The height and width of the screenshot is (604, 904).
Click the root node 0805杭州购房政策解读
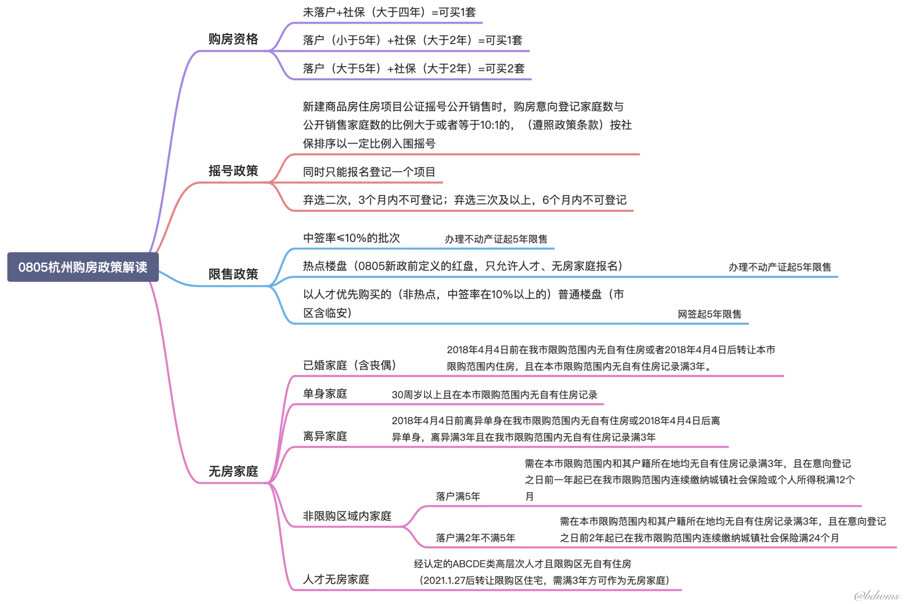(x=83, y=267)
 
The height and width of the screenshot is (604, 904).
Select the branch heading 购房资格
(x=233, y=39)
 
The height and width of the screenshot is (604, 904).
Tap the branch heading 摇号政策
(x=233, y=171)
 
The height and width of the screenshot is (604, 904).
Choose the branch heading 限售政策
(x=233, y=274)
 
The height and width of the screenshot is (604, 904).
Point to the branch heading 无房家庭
(x=233, y=471)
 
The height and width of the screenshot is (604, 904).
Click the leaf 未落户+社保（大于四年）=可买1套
(x=390, y=12)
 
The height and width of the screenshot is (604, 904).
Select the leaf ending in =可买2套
(x=414, y=68)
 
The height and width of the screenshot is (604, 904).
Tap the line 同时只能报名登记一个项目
(x=369, y=172)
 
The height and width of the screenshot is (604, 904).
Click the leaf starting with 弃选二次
(x=465, y=200)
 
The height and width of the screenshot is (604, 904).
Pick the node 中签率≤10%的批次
(x=352, y=238)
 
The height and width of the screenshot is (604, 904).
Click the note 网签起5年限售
(x=710, y=314)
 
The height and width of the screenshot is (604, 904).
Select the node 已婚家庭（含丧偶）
(x=349, y=366)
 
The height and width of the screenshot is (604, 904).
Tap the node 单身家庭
(x=325, y=393)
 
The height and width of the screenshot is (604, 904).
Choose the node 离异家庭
(x=325, y=436)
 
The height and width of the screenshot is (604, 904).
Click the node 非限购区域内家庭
(x=347, y=516)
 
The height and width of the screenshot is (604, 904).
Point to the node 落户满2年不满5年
(x=475, y=538)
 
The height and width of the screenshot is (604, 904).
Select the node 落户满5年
(x=458, y=496)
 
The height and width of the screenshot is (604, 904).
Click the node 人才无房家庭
(x=336, y=579)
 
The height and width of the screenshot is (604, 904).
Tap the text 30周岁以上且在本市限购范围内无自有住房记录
(x=494, y=395)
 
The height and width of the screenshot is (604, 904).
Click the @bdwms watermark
(x=876, y=595)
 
